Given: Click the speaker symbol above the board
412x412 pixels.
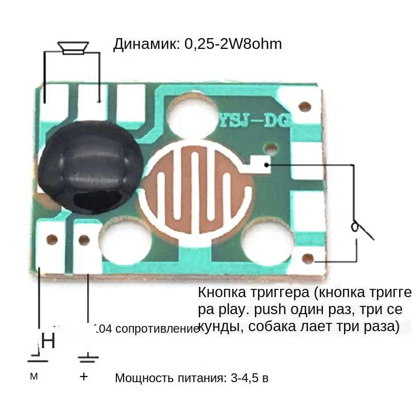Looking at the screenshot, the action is [72, 48].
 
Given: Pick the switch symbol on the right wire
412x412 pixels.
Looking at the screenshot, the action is [360, 229].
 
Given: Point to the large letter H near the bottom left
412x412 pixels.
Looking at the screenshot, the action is [48, 341].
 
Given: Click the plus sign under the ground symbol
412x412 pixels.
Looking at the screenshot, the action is [84, 376].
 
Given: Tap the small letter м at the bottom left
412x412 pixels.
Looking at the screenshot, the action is [34, 376].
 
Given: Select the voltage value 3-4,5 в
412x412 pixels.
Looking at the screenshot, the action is [250, 379].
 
